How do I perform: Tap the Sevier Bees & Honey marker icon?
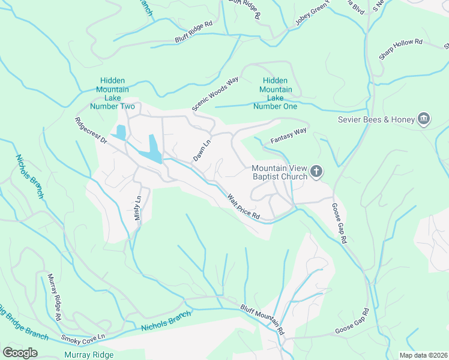click(x=424, y=119)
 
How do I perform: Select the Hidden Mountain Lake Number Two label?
click(x=112, y=93)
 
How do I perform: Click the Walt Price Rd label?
click(x=244, y=206)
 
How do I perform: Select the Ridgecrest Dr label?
click(x=91, y=130)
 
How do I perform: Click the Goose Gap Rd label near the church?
click(x=339, y=222)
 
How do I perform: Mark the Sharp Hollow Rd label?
click(x=400, y=50)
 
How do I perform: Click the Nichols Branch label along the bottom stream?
click(x=166, y=321)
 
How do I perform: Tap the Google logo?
click(x=20, y=353)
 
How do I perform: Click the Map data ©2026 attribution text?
click(x=423, y=355)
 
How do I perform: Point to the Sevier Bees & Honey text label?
click(x=376, y=120)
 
